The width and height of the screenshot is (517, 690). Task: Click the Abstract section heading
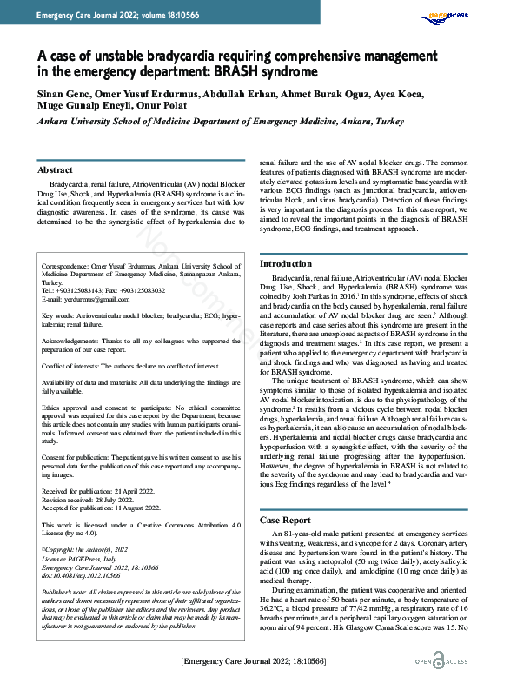point(56,170)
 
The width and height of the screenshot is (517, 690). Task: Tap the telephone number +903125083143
point(93,290)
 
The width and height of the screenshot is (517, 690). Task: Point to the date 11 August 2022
point(144,508)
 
